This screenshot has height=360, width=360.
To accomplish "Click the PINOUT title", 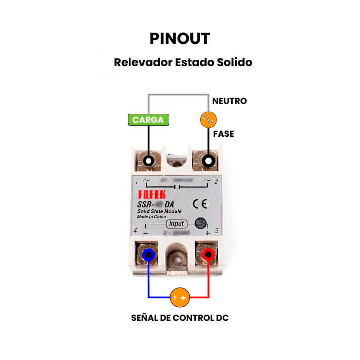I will tap(180, 39).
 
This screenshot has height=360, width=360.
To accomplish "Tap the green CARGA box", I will tap(148, 120).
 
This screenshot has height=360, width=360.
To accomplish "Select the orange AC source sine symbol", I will tap(208, 119).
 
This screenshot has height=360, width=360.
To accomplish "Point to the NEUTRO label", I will tap(229, 101).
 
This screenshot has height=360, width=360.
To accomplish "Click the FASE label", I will tap(224, 134).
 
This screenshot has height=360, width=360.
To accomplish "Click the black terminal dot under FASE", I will tap(208, 160).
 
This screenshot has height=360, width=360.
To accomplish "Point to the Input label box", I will tap(176, 224).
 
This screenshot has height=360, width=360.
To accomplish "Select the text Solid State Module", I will tap(159, 211).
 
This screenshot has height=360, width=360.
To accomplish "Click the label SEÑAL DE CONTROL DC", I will tap(180, 318).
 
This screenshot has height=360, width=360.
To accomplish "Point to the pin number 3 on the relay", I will tap(217, 231).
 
